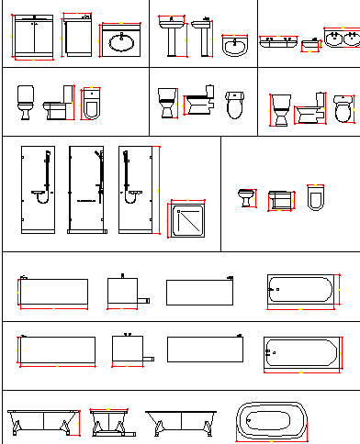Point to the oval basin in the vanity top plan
[121, 41]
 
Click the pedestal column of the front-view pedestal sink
[172, 44]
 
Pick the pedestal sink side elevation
[202, 39]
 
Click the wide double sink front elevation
[277, 41]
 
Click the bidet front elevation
[245, 197]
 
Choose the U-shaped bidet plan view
[315, 196]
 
